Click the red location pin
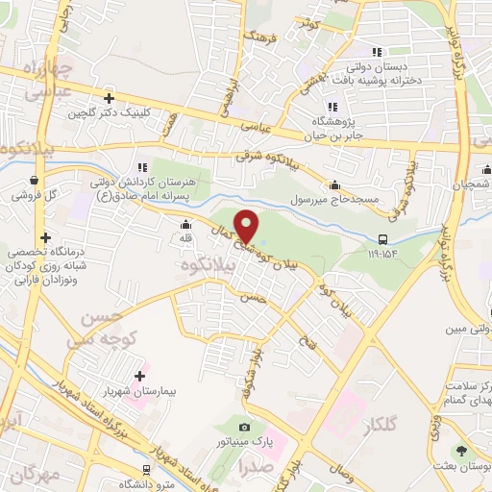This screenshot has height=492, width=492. (x=246, y=225)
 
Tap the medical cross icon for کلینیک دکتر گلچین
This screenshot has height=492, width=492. (x=110, y=98)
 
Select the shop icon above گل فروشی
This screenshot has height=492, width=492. (x=36, y=180)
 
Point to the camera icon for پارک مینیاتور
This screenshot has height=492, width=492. (x=244, y=427)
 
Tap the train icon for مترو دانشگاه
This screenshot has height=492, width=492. (x=145, y=468)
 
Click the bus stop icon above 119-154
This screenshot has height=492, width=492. (x=383, y=239)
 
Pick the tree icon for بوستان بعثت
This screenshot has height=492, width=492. (x=462, y=451)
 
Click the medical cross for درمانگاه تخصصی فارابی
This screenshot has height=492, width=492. (x=45, y=237)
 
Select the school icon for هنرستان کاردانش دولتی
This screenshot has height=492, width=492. (x=141, y=168)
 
